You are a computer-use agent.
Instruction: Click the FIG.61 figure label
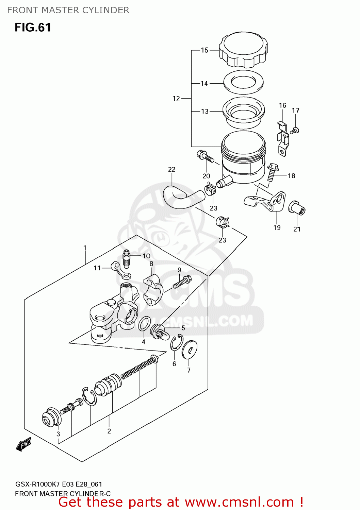(33, 27)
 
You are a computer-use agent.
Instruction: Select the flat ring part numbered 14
(243, 82)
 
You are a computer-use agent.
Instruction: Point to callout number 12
(176, 99)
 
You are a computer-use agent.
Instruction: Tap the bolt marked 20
(205, 157)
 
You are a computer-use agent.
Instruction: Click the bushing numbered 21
(297, 208)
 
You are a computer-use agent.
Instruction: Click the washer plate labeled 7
(189, 349)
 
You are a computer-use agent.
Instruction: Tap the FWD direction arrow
(24, 444)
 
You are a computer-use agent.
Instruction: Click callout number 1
(85, 248)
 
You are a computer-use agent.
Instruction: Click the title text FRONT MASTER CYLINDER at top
(68, 10)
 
